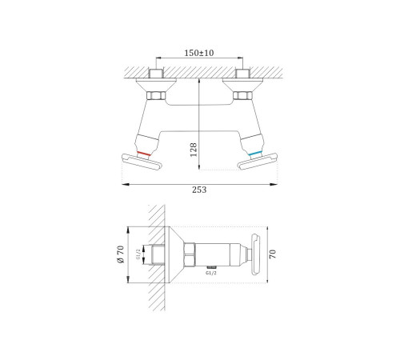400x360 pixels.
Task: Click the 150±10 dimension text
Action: [199, 53]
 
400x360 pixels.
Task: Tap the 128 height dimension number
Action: [194, 150]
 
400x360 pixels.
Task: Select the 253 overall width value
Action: [199, 190]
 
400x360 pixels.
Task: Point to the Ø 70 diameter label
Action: [121, 254]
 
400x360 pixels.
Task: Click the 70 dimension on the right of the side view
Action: [273, 254]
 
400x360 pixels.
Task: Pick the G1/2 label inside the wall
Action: [138, 254]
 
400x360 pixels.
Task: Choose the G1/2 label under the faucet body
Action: [211, 273]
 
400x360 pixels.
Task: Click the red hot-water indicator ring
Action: [144, 154]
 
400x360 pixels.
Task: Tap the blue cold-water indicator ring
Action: [255, 154]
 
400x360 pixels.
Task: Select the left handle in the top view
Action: [142, 162]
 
